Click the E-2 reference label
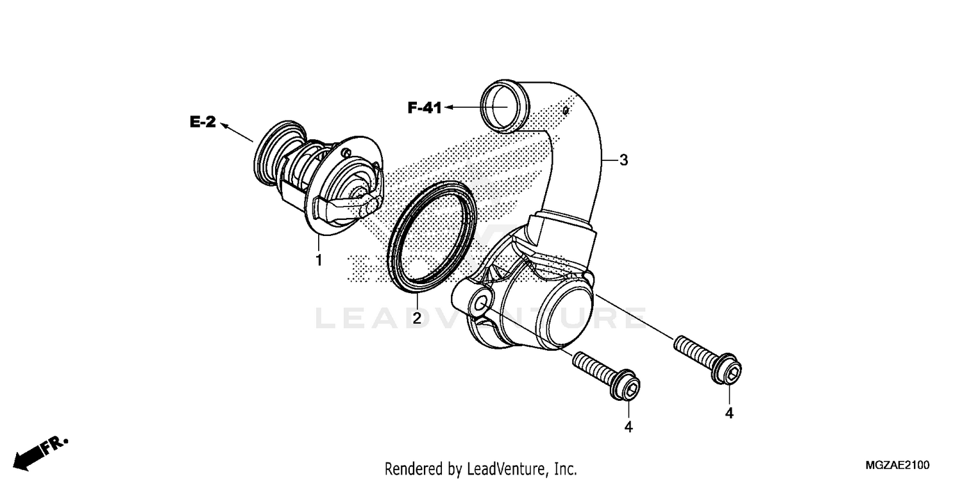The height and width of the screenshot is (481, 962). point(203,121)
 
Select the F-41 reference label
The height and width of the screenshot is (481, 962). point(425,108)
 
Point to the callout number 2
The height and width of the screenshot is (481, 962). point(416,317)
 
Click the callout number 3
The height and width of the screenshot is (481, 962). point(623,160)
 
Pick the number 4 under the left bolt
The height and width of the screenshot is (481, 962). point(628,426)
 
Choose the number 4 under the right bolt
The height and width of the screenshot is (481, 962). point(729,414)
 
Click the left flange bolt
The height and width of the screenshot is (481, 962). point(607,375)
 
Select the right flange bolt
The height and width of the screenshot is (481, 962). point(708,361)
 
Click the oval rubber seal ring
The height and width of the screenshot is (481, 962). point(433,237)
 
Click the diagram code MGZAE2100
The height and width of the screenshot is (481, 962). point(897,465)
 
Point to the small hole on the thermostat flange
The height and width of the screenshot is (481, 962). point(346,153)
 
